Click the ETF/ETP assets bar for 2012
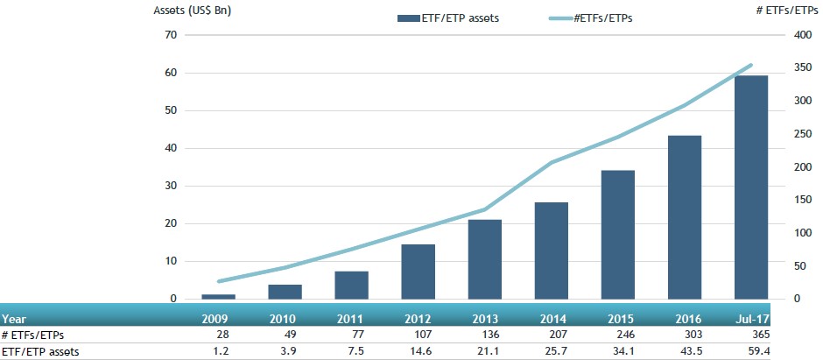(x=418, y=272)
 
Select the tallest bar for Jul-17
(x=750, y=187)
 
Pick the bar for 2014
(x=551, y=251)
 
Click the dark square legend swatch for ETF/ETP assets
(x=409, y=18)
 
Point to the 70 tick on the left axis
(x=170, y=35)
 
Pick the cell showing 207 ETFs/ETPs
(x=555, y=335)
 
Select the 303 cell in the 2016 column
(x=688, y=335)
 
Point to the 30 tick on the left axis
(x=170, y=186)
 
